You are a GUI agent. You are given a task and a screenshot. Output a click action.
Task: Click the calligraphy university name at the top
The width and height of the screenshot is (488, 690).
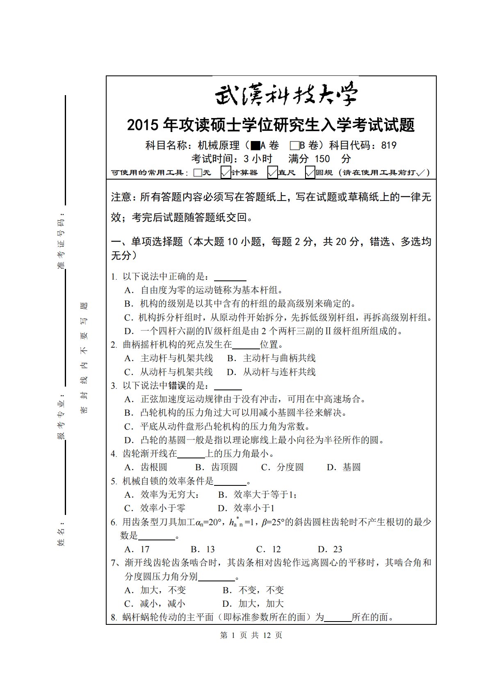286,96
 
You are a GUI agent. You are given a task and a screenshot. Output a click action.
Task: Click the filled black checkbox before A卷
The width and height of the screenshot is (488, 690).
255,146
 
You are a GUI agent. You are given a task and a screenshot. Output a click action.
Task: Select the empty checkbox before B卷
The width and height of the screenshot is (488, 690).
294,146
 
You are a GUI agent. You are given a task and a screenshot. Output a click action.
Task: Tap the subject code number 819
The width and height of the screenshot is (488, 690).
389,146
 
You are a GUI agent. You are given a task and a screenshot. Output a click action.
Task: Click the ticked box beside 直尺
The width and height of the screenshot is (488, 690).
272,173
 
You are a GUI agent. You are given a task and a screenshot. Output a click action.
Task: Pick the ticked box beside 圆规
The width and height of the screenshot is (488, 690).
310,173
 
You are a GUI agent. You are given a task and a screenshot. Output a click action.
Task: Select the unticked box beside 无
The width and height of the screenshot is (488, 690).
198,173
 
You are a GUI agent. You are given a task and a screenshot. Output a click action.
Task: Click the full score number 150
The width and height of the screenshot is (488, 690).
322,159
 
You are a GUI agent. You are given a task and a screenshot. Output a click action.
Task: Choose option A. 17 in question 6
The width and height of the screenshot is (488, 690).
137,549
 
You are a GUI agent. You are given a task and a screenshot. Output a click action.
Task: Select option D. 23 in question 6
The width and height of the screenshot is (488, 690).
330,549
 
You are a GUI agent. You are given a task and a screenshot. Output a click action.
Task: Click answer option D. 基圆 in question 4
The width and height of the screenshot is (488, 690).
344,467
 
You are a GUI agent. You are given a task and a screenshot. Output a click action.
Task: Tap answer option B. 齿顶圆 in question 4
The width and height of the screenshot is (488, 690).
216,467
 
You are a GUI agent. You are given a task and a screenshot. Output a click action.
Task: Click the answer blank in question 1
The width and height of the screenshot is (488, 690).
230,277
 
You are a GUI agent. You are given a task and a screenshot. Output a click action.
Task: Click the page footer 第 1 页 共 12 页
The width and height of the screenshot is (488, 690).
251,635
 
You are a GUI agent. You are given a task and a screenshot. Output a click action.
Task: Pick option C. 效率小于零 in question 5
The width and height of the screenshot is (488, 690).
155,508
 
